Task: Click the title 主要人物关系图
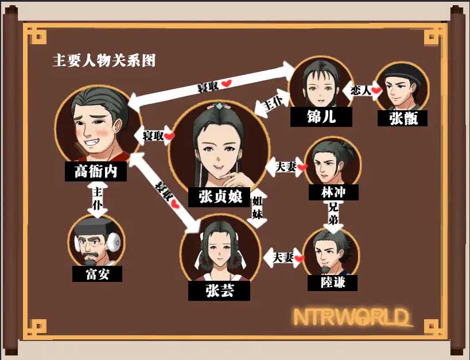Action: click(104, 60)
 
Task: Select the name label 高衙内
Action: click(96, 171)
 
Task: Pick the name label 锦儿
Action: click(321, 117)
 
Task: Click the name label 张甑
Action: click(403, 118)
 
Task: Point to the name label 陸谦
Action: click(332, 282)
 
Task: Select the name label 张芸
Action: click(219, 291)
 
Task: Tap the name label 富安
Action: click(98, 273)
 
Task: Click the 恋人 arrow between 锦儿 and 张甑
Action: click(362, 90)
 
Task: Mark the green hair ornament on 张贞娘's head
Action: click(218, 106)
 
